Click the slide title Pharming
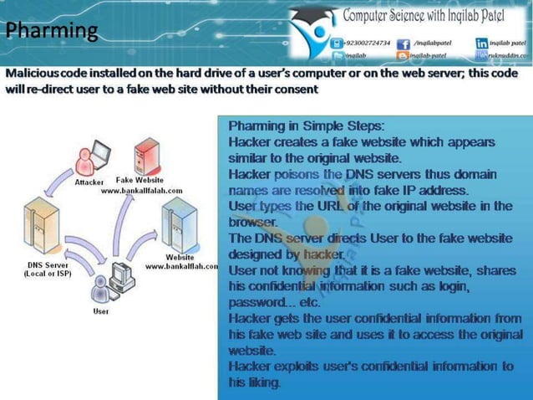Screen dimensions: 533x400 pos(52,32)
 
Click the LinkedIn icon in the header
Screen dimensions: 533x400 pos(482,42)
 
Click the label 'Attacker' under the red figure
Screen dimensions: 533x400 pos(89,182)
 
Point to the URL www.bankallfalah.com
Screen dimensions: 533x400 pos(141,191)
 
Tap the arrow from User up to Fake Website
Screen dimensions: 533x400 pos(121,226)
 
